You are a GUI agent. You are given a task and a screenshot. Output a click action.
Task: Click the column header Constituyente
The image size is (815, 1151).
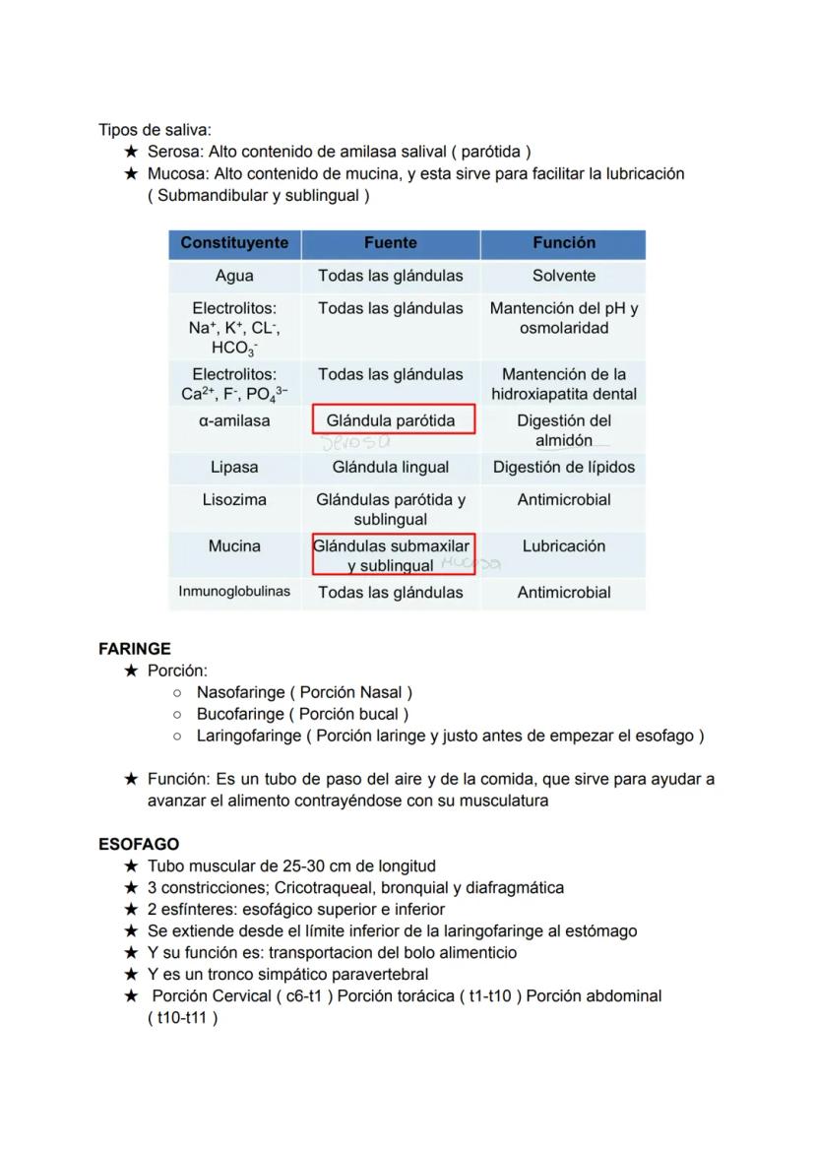[234, 243]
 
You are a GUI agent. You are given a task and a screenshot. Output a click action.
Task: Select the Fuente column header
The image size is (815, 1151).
[390, 243]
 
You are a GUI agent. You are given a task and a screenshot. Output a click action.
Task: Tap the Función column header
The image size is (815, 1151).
[564, 243]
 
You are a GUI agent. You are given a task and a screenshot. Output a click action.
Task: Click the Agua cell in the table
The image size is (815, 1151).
[234, 277]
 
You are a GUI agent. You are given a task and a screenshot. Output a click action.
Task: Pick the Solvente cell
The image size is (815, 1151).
[564, 277]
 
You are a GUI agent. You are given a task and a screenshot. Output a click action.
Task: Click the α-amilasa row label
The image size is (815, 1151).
[234, 421]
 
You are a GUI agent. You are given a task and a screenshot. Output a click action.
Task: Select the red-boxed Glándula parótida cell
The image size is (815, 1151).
[392, 420]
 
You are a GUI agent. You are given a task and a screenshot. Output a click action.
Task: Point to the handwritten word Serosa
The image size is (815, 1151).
[355, 445]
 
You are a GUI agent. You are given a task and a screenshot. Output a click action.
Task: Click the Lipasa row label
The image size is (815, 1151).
[234, 468]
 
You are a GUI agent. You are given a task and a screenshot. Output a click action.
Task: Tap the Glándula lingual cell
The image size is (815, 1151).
[390, 468]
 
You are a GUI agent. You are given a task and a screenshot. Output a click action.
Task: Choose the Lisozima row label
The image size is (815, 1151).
[234, 500]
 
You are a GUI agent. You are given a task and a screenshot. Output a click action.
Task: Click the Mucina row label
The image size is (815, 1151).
[234, 546]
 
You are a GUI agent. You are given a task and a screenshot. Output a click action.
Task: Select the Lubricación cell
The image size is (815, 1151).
[564, 546]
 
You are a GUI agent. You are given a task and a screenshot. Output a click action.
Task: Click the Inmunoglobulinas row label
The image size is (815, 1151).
[234, 593]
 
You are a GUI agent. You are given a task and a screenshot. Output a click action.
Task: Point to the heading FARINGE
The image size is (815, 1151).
[135, 650]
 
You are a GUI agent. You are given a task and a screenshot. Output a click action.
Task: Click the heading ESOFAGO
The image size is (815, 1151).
[139, 845]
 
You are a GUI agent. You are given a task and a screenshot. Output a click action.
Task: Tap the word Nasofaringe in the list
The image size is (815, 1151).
[239, 693]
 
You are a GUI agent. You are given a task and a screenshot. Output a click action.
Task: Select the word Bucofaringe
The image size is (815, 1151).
[239, 715]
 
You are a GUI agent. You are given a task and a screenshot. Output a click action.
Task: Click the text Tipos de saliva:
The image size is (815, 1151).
[155, 131]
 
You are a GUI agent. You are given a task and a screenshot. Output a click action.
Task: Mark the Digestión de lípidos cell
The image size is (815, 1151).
[564, 468]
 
